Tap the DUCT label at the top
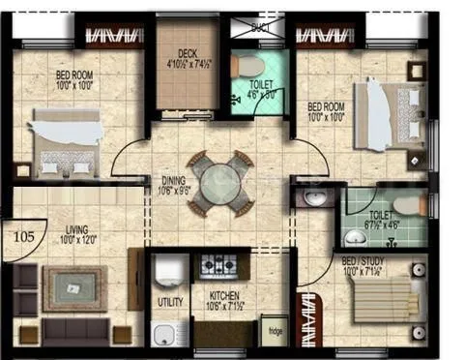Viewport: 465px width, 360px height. (x=260, y=28)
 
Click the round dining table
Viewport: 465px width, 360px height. (x=217, y=183)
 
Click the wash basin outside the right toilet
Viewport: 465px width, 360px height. (x=316, y=198)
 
